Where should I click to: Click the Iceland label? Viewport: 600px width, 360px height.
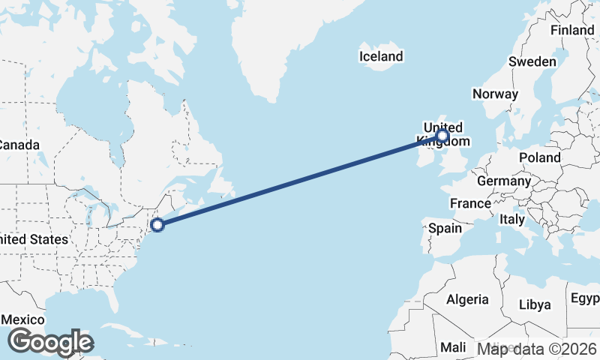click(x=381, y=56)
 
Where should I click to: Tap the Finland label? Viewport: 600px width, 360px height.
click(x=571, y=30)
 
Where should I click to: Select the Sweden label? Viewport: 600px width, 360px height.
click(x=532, y=61)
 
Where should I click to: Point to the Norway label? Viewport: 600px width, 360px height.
click(x=495, y=94)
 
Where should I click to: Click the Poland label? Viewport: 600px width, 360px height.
click(x=538, y=157)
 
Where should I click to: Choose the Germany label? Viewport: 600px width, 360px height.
click(x=503, y=181)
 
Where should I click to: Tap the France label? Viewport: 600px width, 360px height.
click(x=470, y=203)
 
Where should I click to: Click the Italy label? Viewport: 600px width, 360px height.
click(x=512, y=219)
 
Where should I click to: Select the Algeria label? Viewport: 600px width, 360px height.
click(x=467, y=299)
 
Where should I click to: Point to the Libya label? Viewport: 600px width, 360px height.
click(x=535, y=304)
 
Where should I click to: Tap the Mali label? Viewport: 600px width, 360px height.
click(x=452, y=347)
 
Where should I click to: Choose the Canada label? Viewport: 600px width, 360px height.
click(x=19, y=144)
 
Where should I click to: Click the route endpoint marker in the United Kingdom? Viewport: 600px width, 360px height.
click(x=442, y=136)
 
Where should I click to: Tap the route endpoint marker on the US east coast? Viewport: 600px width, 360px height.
click(x=157, y=224)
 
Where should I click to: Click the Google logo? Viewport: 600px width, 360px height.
click(x=50, y=342)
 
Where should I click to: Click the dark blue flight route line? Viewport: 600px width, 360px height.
click(x=300, y=180)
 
